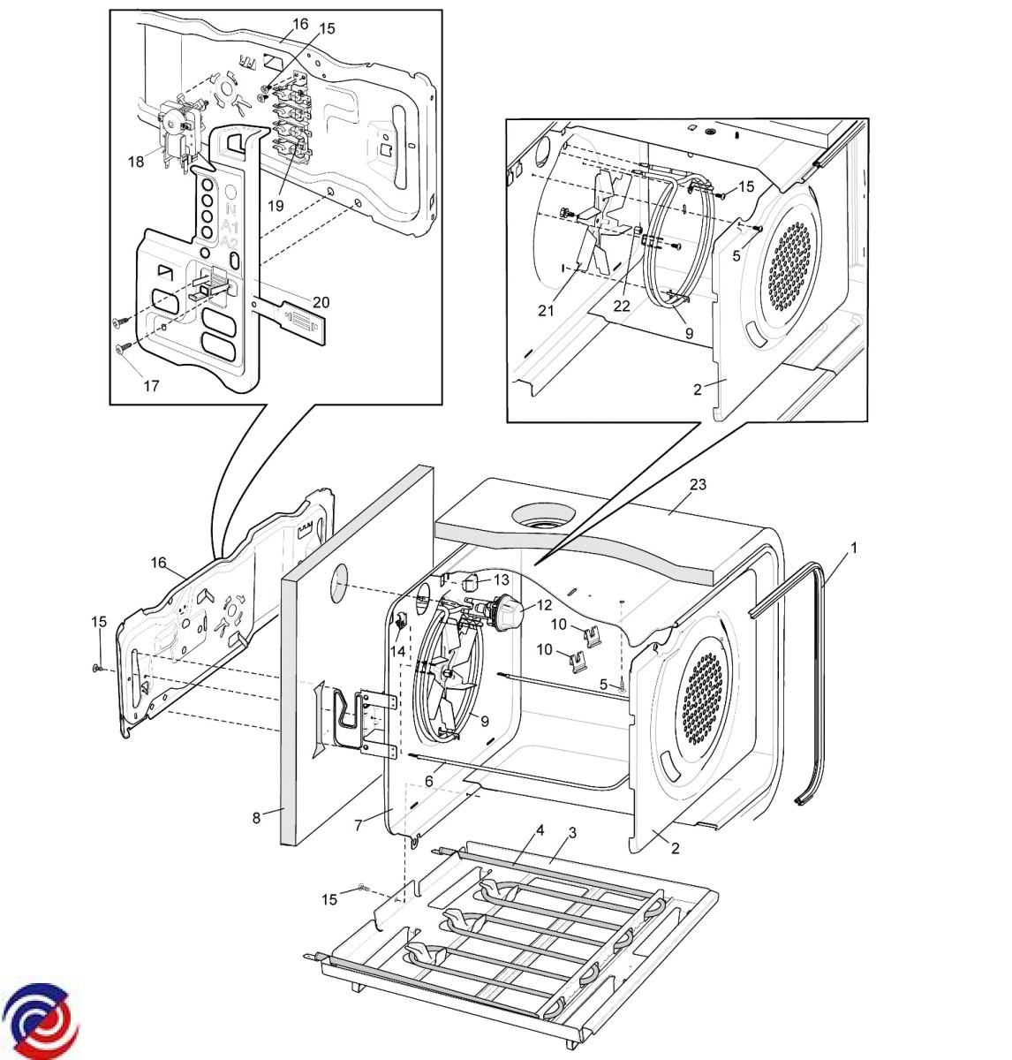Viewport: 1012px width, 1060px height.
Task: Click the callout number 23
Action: pos(698,484)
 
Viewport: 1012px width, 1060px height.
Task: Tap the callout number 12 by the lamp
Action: pos(544,604)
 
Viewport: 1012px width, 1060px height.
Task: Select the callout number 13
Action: pos(501,579)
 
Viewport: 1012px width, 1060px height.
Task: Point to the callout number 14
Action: pos(397,651)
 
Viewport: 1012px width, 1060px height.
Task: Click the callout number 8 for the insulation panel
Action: pos(256,818)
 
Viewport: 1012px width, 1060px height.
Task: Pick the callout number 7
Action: pos(358,825)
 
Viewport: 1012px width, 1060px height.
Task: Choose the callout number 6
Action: pos(428,781)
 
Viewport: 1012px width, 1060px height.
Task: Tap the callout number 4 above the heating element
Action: pos(540,830)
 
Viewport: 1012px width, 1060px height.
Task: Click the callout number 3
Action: pos(572,833)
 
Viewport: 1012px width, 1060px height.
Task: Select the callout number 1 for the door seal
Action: pos(854,548)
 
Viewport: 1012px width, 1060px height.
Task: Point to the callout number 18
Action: pos(136,162)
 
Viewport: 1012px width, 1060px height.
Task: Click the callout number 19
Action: pos(276,205)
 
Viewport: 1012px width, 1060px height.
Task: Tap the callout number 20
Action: pos(321,302)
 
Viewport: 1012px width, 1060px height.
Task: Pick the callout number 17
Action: pos(151,386)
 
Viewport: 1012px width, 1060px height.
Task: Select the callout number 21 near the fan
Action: pos(546,310)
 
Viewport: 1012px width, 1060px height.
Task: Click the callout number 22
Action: pos(622,307)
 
